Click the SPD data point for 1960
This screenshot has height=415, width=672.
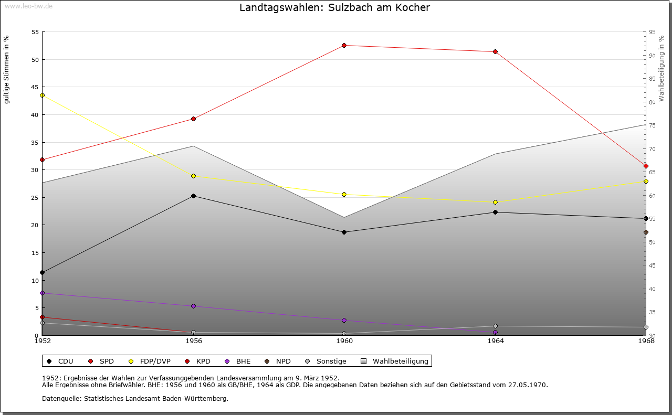coord(344,46)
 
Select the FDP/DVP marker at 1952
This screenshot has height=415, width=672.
coord(43,95)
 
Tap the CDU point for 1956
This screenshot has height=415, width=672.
coord(193,196)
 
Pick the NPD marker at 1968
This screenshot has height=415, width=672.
coord(646,232)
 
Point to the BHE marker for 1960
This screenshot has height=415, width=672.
coord(344,321)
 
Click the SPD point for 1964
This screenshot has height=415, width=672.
coord(495,52)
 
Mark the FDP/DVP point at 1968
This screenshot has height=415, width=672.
coord(646,182)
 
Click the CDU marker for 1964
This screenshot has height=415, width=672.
coord(495,212)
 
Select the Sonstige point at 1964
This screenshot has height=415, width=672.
coord(495,326)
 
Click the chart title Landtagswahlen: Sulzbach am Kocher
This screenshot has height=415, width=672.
coord(334,8)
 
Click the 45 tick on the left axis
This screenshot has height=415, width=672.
coord(35,87)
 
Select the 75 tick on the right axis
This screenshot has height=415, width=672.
coord(652,125)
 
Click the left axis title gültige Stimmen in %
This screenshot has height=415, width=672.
coord(7,69)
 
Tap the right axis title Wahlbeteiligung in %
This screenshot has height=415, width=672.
coord(661,68)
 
